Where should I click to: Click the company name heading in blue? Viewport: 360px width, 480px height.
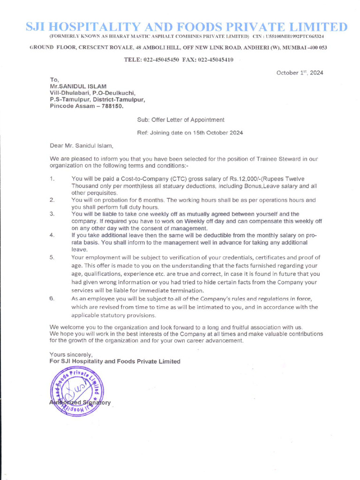pos(186,27)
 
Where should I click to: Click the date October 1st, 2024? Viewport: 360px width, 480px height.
pos(300,73)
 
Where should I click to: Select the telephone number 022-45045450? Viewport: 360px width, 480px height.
pos(162,60)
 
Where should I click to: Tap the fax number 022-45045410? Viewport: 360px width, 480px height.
pos(216,60)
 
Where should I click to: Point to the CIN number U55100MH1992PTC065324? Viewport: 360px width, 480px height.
pos(294,37)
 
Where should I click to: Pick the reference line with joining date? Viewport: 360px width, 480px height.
pos(190,133)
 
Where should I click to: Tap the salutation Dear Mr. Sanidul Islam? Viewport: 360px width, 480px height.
pos(82,146)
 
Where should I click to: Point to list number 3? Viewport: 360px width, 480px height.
pos(52,214)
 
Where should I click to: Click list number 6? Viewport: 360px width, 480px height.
pos(52,299)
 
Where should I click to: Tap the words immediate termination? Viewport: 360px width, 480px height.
pos(164,291)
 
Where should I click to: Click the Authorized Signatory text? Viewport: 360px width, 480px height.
pos(80,403)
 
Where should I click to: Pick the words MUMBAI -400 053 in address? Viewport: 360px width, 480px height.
pos(304,48)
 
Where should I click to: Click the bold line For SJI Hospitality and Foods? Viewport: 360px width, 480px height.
pos(115,361)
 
